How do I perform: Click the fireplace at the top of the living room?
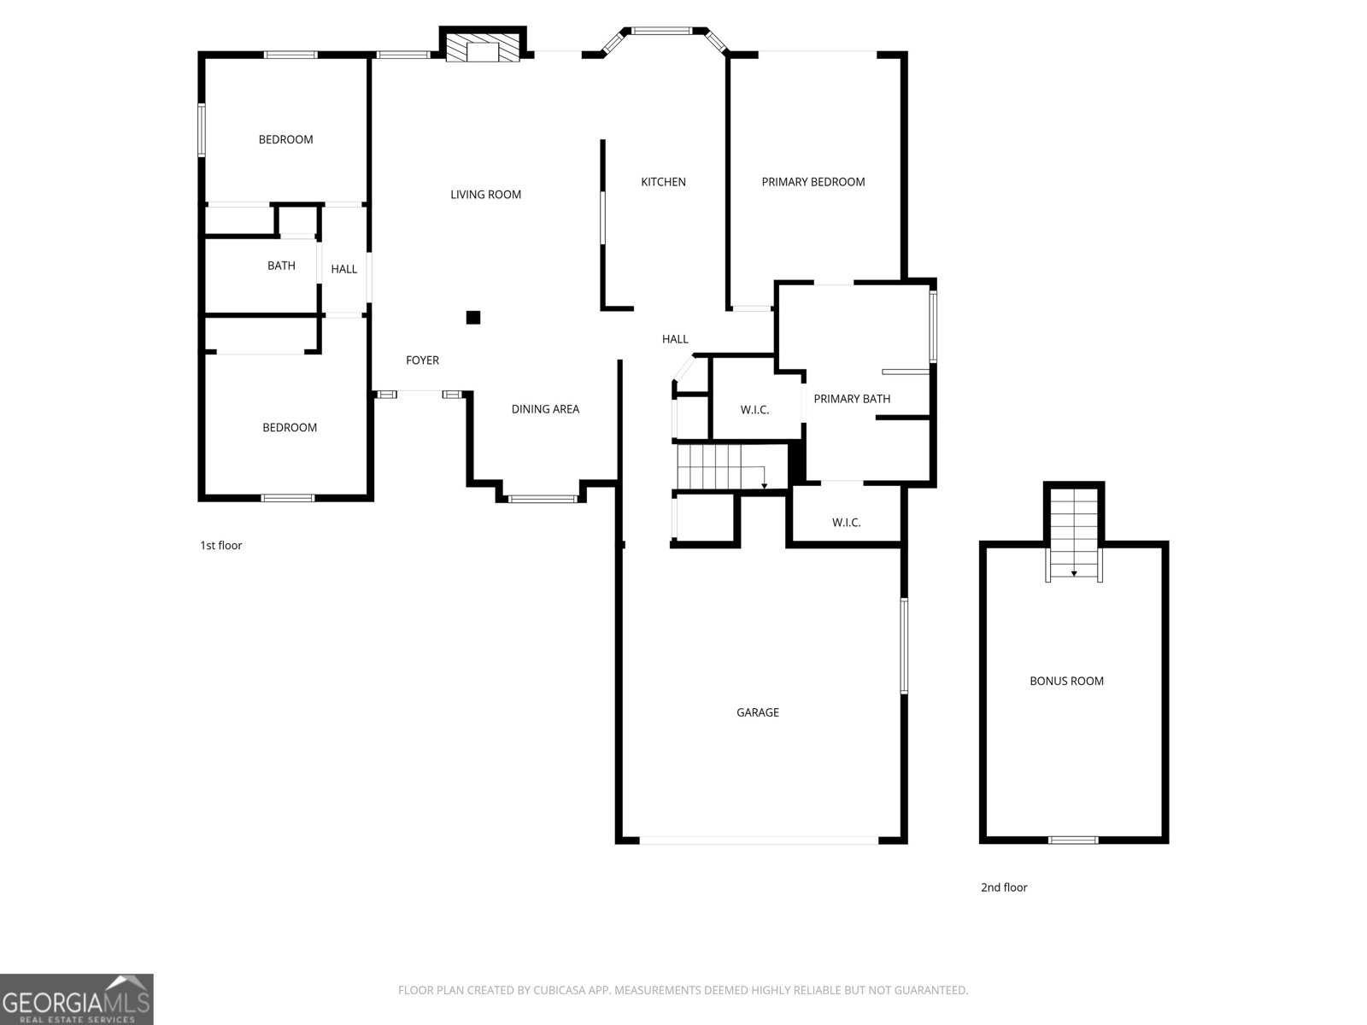click(x=483, y=44)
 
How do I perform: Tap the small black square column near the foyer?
click(x=473, y=318)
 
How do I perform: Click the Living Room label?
click(x=486, y=195)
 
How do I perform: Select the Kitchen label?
click(x=663, y=182)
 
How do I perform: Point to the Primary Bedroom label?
click(x=813, y=182)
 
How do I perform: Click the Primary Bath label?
click(x=852, y=399)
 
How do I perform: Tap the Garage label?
click(x=757, y=712)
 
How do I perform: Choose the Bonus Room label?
click(x=1067, y=682)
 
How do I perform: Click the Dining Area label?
click(x=546, y=409)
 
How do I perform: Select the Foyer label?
click(x=422, y=360)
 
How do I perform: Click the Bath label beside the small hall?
click(x=281, y=266)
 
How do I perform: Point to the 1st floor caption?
click(x=221, y=545)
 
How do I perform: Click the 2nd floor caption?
click(x=1004, y=887)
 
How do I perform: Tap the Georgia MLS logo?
click(x=77, y=999)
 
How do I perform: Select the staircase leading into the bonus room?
click(x=1074, y=534)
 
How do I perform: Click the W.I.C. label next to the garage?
click(x=847, y=523)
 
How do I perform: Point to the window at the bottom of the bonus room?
click(x=1073, y=840)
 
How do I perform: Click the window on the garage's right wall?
click(x=904, y=646)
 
